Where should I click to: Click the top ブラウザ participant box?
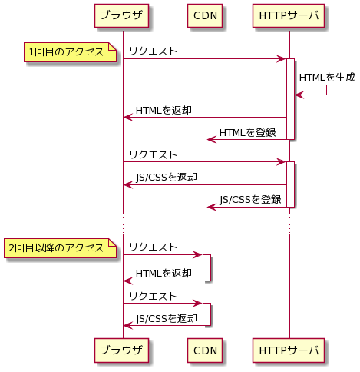pyautogui.click(x=121, y=15)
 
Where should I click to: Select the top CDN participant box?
pyautogui.click(x=205, y=15)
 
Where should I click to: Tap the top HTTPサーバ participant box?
pyautogui.click(x=289, y=15)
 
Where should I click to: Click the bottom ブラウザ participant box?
pyautogui.click(x=121, y=350)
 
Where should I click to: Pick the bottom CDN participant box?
pyautogui.click(x=205, y=350)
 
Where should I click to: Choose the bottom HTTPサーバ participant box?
pyautogui.click(x=289, y=350)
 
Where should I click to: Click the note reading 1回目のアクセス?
pyautogui.click(x=70, y=52)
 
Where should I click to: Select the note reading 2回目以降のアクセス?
pyautogui.click(x=60, y=248)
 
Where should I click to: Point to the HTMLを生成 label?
pyautogui.click(x=327, y=77)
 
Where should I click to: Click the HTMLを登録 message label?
pyautogui.click(x=247, y=133)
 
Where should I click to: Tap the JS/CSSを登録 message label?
pyautogui.click(x=250, y=199)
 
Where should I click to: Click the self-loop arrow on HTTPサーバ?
pyautogui.click(x=326, y=90)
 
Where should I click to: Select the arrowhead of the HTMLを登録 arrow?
pyautogui.click(x=211, y=140)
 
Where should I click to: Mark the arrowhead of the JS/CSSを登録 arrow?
pyautogui.click(x=211, y=207)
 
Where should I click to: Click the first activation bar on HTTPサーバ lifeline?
pyautogui.click(x=290, y=99)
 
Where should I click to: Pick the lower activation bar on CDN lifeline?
pyautogui.click(x=206, y=314)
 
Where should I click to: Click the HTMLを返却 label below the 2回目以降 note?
pyautogui.click(x=163, y=274)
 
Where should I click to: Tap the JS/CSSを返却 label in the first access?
pyautogui.click(x=167, y=178)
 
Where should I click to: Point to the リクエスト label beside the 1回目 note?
pyautogui.click(x=153, y=51)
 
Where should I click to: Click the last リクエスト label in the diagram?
pyautogui.click(x=153, y=296)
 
